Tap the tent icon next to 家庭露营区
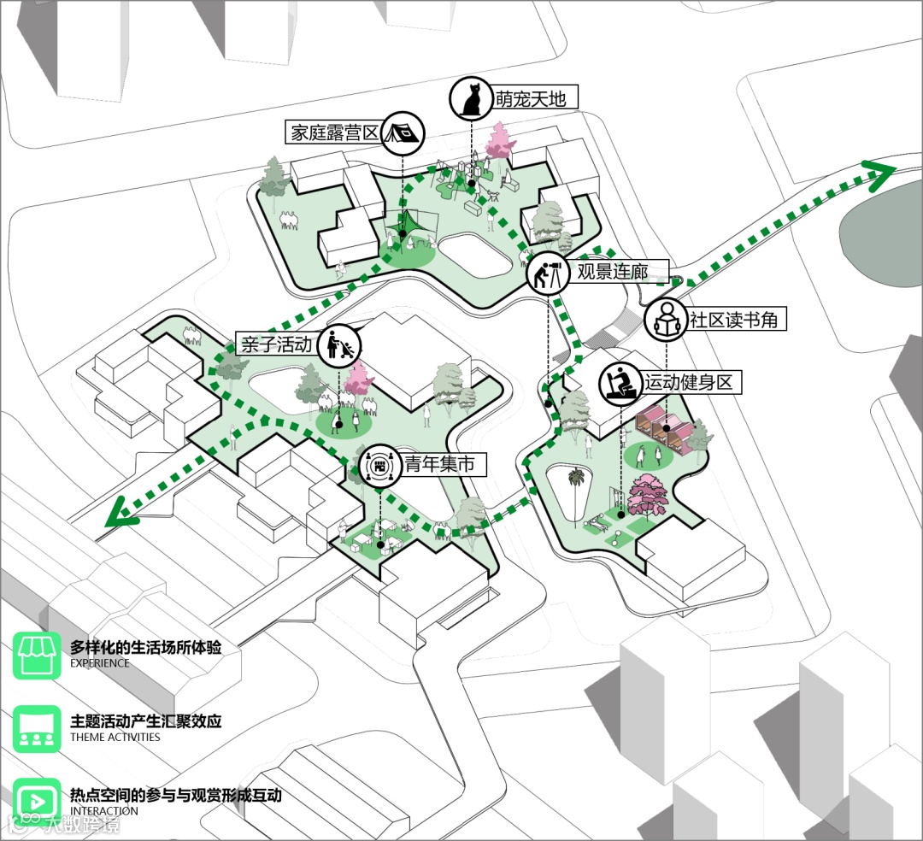[402, 133]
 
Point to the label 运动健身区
[689, 381]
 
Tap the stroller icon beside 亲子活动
[339, 345]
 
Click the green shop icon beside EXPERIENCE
[37, 655]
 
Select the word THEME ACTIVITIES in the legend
[115, 738]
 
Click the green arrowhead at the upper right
[882, 173]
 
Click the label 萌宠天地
[535, 98]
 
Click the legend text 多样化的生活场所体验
[145, 647]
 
